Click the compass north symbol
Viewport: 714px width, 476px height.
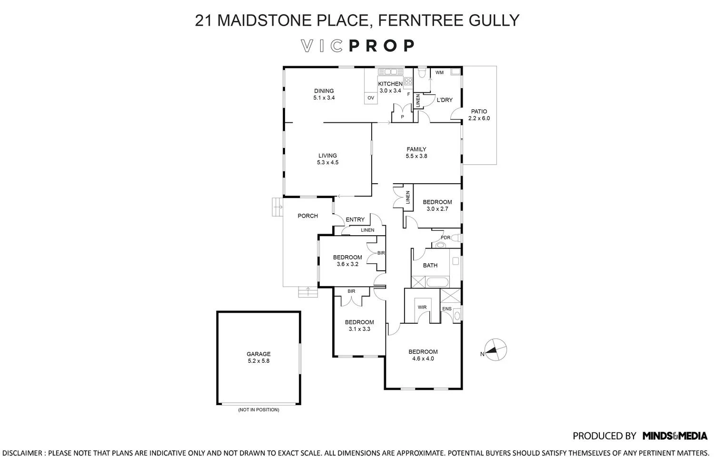pyautogui.click(x=496, y=350)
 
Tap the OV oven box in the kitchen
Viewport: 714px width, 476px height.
pyautogui.click(x=371, y=98)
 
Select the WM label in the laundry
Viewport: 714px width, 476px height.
pyautogui.click(x=439, y=72)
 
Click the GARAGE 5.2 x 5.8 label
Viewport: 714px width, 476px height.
pyautogui.click(x=258, y=357)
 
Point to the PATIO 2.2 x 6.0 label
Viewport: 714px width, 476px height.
pyautogui.click(x=479, y=115)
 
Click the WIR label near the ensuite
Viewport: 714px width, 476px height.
pyautogui.click(x=422, y=307)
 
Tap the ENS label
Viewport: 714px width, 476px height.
pyautogui.click(x=446, y=309)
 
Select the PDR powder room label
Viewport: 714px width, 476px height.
pyautogui.click(x=446, y=238)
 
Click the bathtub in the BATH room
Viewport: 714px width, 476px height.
pyautogui.click(x=442, y=282)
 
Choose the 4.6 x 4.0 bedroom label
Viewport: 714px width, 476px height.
pyautogui.click(x=423, y=356)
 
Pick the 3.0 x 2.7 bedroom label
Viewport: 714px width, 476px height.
pyautogui.click(x=437, y=205)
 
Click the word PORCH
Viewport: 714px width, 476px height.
pyautogui.click(x=307, y=216)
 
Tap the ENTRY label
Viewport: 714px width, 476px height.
pyautogui.click(x=355, y=219)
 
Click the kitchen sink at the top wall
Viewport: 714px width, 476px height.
pyautogui.click(x=390, y=72)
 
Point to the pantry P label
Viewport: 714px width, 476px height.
pyautogui.click(x=402, y=117)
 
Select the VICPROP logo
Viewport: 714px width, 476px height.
pyautogui.click(x=357, y=46)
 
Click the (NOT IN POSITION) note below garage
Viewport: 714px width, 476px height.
pyautogui.click(x=258, y=410)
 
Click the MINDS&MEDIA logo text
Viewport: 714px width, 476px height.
pyautogui.click(x=674, y=436)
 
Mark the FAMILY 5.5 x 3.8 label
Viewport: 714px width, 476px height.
pyautogui.click(x=416, y=152)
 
